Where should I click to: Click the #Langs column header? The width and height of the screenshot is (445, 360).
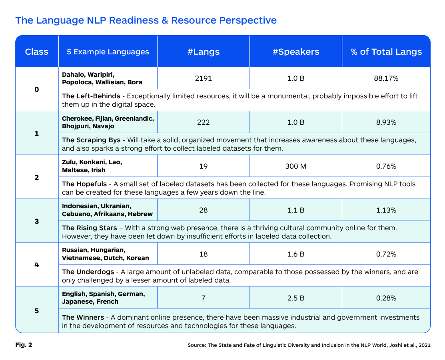[x=203, y=52]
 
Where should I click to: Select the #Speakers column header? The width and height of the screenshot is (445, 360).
[x=296, y=52]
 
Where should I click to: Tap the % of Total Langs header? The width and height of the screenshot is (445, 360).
[x=386, y=52]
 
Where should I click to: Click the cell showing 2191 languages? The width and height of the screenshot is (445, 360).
[x=203, y=78]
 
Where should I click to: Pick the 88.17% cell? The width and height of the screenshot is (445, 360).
[x=386, y=78]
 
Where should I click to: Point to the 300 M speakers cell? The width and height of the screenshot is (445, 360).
[x=296, y=166]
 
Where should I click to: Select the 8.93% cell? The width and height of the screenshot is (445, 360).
[x=386, y=122]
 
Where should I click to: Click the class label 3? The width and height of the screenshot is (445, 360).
[x=37, y=221]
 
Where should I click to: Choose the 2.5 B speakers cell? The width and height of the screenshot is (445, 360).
[x=296, y=298]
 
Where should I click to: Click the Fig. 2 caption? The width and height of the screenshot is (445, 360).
[x=24, y=345]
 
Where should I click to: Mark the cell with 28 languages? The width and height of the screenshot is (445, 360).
[x=203, y=210]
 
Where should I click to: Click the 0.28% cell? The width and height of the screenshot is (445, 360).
[x=386, y=298]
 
